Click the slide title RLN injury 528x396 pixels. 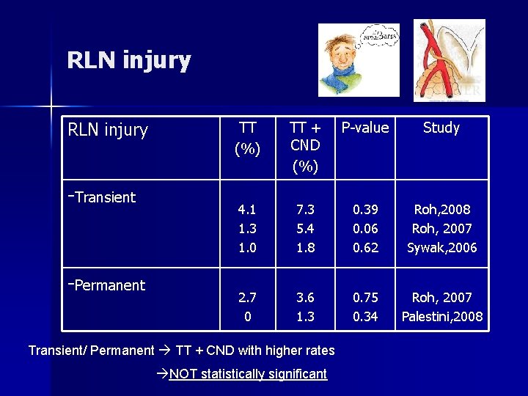pos(128,60)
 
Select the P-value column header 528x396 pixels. pos(365,128)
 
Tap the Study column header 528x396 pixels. pos(441,128)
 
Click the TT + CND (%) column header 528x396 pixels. pos(304,147)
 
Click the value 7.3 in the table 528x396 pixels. pos(304,209)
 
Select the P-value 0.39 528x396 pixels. pos(365,209)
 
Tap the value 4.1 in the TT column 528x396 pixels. pos(247,209)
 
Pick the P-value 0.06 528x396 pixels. pos(365,228)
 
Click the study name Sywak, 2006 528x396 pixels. pos(441,247)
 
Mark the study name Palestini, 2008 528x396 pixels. pos(441,316)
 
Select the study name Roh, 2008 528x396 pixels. pos(441,209)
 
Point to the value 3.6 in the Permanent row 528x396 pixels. pos(304,297)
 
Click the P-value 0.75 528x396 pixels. pos(365,297)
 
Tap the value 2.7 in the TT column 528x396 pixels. pos(247,297)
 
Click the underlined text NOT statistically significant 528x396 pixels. pos(247,374)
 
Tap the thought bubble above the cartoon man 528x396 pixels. pos(379,35)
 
